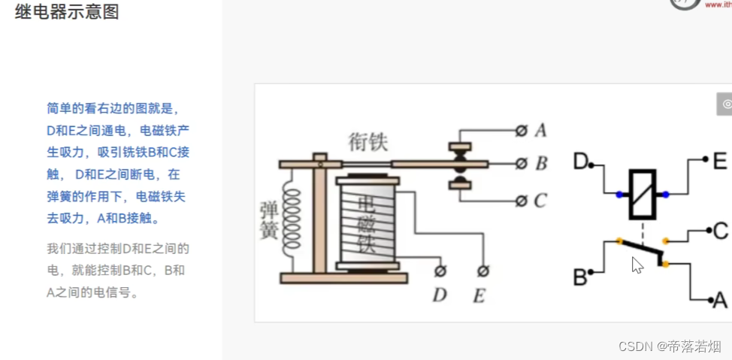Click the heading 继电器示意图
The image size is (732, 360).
(67, 12)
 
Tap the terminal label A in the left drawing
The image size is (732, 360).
(540, 131)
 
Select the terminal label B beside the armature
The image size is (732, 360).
(541, 164)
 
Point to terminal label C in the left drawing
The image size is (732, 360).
(540, 201)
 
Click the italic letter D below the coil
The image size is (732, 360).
(439, 295)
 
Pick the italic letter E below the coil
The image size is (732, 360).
(479, 295)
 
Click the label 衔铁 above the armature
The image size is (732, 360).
(368, 141)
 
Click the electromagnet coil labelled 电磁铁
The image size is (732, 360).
(366, 223)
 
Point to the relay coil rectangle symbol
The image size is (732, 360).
(641, 194)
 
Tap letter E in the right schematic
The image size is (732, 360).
(719, 160)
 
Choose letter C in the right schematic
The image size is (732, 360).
(720, 230)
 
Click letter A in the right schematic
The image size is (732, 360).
(719, 300)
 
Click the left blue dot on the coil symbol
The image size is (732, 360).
(619, 195)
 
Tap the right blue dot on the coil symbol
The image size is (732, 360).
(665, 195)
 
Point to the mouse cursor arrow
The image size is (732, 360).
(637, 264)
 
